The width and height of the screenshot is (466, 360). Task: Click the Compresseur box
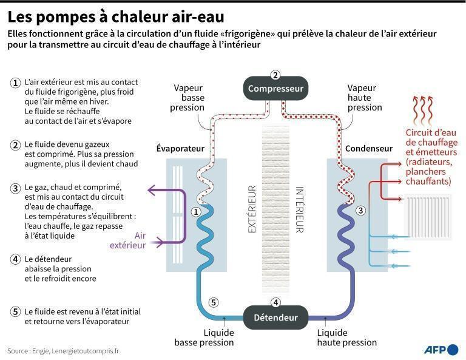275,89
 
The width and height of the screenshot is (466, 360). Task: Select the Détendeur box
275,317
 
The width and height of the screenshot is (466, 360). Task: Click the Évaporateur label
180,149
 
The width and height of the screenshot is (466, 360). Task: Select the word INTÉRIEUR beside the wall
299,209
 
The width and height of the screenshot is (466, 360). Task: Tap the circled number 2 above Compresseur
275,75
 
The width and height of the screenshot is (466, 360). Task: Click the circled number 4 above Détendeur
275,302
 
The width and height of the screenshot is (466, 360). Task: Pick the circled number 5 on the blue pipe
212,302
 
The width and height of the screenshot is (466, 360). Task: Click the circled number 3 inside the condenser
360,211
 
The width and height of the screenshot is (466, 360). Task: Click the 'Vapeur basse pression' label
189,97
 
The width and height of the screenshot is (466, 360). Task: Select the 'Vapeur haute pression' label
365,97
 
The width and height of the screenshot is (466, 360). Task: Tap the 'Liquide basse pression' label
204,338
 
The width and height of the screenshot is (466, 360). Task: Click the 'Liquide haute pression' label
346,338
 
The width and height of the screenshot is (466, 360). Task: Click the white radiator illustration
427,218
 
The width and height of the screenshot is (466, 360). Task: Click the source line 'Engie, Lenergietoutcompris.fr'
63,351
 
